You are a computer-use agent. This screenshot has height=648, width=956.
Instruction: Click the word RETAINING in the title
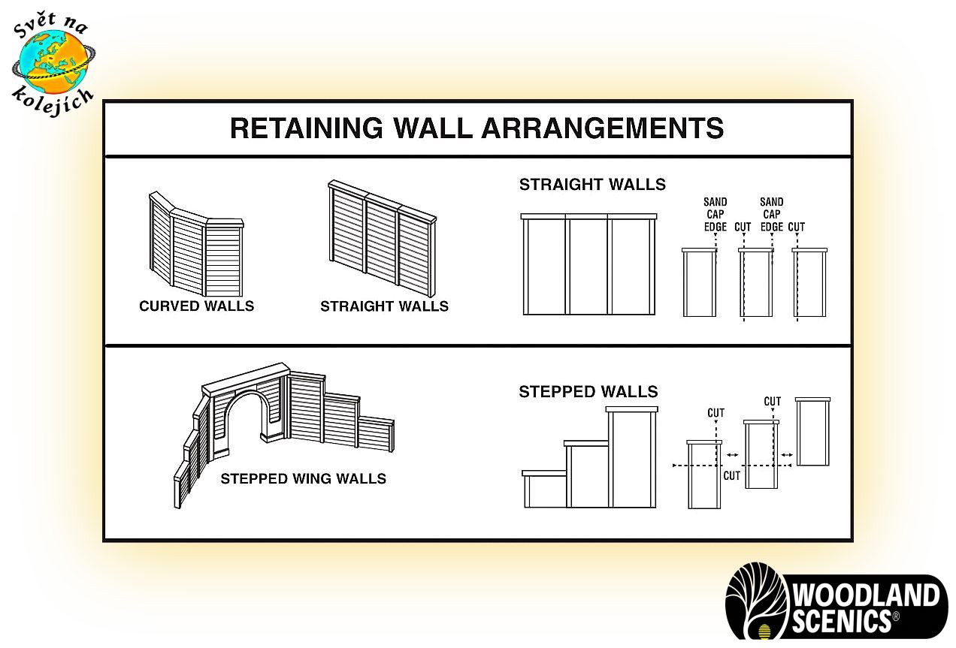click(x=307, y=128)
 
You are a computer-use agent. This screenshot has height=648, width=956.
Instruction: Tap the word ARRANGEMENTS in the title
click(x=603, y=128)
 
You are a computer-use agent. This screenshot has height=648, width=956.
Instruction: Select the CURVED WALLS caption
click(x=197, y=306)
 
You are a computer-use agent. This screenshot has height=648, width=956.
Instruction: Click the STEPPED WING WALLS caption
click(x=304, y=478)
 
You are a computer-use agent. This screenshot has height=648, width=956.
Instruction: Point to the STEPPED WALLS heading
click(x=588, y=391)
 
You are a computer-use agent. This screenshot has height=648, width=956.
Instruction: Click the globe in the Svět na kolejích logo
click(x=54, y=62)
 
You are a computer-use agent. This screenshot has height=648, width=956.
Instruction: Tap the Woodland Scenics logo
click(x=837, y=601)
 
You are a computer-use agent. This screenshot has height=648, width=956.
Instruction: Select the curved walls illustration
click(x=196, y=244)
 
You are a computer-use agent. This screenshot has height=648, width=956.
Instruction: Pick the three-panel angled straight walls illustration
click(x=382, y=238)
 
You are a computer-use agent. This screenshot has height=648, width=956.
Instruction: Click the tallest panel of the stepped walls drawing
click(x=632, y=457)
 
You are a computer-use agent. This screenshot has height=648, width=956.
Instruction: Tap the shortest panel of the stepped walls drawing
click(x=545, y=489)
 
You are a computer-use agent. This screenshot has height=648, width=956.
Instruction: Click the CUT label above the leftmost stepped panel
click(x=715, y=413)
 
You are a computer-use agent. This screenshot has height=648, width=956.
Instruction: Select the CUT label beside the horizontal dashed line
click(x=731, y=475)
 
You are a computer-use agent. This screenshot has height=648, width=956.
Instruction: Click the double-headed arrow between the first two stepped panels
click(x=732, y=455)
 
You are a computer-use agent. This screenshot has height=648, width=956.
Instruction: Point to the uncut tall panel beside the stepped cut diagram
click(x=812, y=432)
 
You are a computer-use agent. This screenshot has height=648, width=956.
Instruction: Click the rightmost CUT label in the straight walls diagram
click(x=797, y=227)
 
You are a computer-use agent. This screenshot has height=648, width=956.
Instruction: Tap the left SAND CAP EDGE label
click(x=715, y=214)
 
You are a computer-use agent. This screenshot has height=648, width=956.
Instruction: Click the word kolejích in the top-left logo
click(x=53, y=101)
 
